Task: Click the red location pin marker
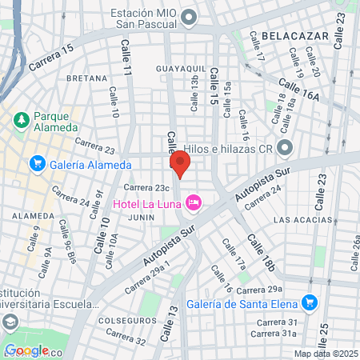[180, 166]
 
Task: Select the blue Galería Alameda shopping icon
[37, 164]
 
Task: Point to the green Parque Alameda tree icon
[21, 120]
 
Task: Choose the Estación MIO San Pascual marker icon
[189, 17]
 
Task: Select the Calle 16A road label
[299, 87]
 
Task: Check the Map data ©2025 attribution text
[324, 354]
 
